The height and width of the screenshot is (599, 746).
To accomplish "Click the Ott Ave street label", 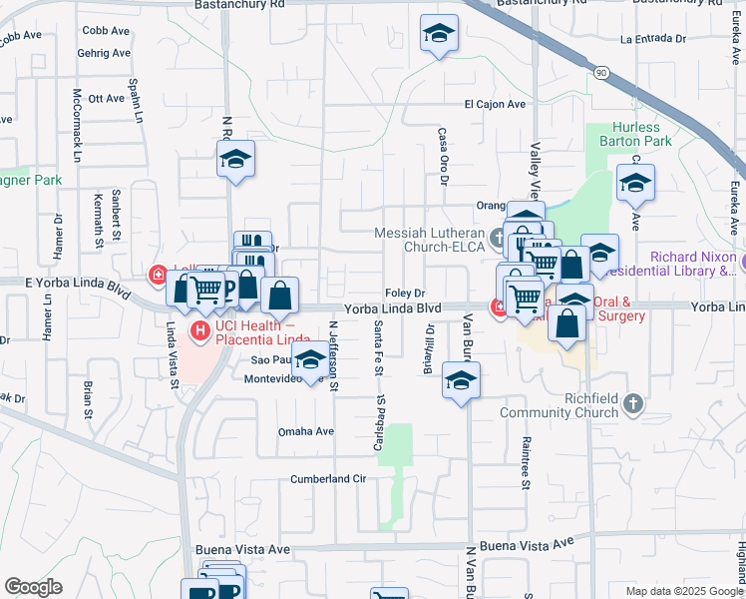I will coord(106,98).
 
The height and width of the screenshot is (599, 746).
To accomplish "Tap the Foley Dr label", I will coord(405,293).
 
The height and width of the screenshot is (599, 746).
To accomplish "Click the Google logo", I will coord(33,587).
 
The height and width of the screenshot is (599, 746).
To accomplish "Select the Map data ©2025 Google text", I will coord(683,591).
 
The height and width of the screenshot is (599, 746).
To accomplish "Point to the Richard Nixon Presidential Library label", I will coord(693,264).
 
